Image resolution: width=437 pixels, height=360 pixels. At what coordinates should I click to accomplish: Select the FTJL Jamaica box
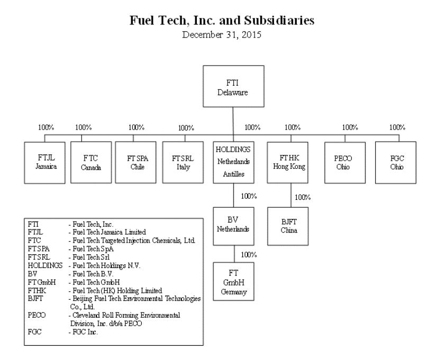[x=44, y=161]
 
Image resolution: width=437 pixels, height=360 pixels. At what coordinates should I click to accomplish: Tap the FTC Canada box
[x=91, y=161]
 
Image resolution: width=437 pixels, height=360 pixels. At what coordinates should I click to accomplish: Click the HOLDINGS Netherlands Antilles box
[x=233, y=161]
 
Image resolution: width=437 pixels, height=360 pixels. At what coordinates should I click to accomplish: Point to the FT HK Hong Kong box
[x=290, y=161]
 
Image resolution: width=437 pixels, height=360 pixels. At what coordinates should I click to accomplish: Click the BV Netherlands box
[x=233, y=226]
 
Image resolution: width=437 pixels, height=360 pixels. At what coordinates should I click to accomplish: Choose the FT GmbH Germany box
[x=233, y=282]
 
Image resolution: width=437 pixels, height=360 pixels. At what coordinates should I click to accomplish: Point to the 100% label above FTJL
[x=46, y=127]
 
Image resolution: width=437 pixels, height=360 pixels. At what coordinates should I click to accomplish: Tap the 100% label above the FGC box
[x=397, y=127]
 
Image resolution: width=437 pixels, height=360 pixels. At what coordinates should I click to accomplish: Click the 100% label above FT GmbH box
[x=249, y=255]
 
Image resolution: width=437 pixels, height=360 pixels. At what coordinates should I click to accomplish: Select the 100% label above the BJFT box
[x=302, y=198]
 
